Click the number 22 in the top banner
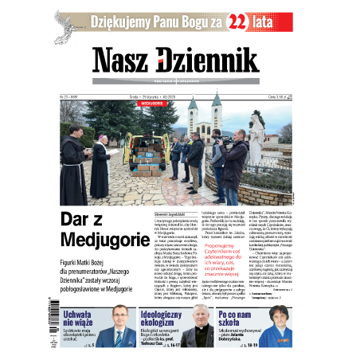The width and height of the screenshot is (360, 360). coord(239,23)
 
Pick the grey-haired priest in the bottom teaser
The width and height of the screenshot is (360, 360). coord(202,328)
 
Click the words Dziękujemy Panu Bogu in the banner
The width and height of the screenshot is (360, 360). coord(150,22)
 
